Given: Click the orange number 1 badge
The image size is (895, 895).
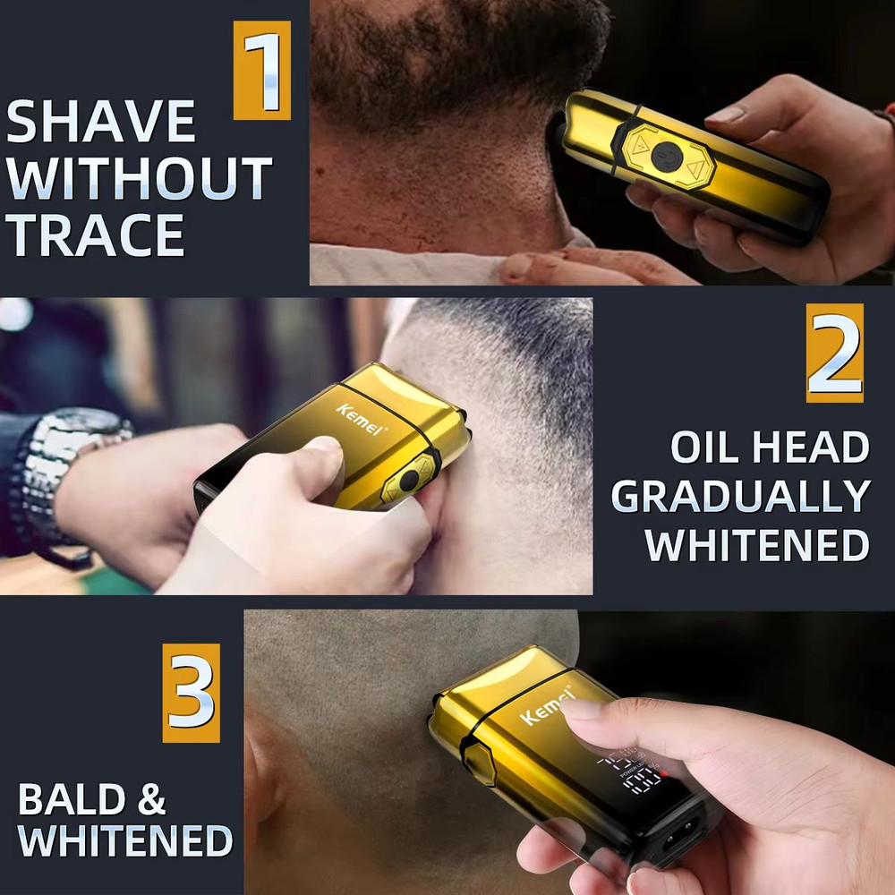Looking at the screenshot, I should pos(262,70).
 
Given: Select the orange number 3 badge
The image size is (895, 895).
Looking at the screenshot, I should pos(191,692).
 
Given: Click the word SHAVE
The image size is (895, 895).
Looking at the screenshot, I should pos(101,123).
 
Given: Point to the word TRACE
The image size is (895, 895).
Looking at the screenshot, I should pos(96,234).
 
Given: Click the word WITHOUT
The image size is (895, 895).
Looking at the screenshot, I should pos(139,178).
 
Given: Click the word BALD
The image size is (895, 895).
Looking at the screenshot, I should pos(68,799).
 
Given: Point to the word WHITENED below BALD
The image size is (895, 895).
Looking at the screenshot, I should pos(125,841).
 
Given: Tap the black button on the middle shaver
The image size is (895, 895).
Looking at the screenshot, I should pos(410,481).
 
